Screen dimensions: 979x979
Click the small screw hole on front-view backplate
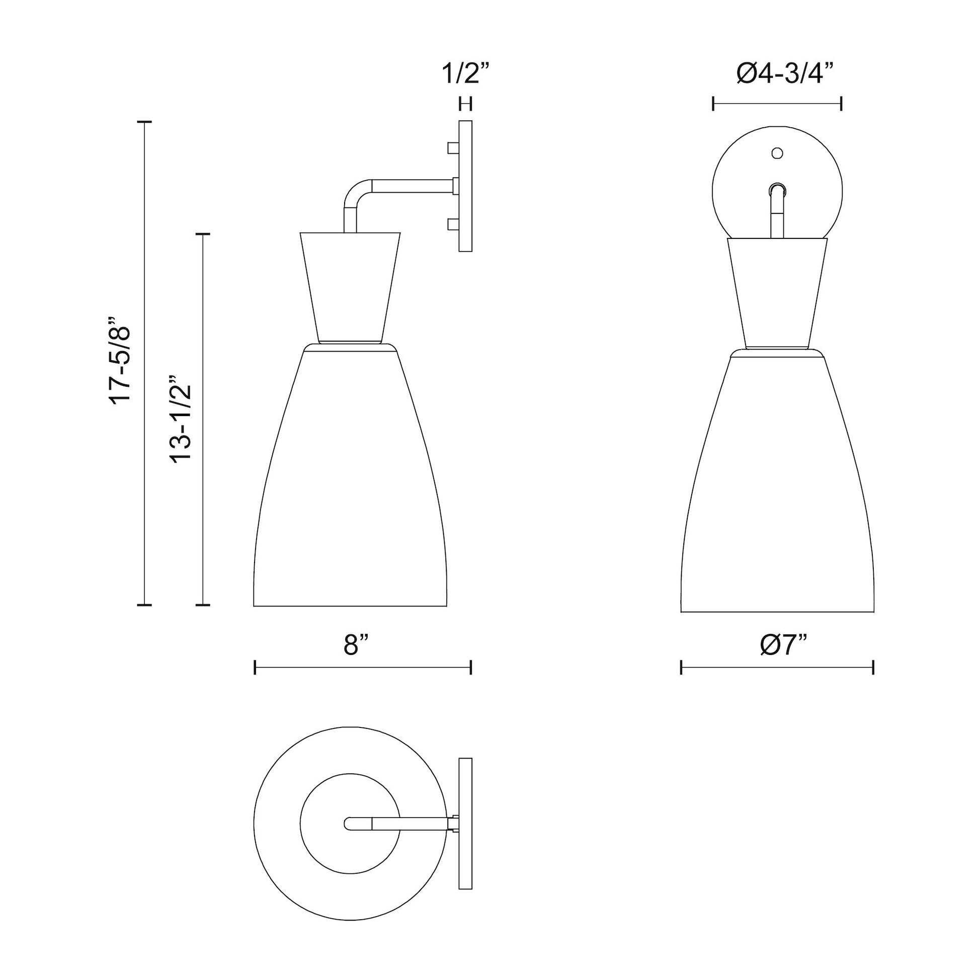(x=777, y=152)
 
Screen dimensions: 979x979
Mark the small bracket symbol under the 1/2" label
(x=465, y=104)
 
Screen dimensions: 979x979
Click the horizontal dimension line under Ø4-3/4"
(x=777, y=104)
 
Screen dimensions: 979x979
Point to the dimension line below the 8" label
(x=363, y=668)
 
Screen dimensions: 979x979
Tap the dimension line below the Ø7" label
(x=777, y=668)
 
